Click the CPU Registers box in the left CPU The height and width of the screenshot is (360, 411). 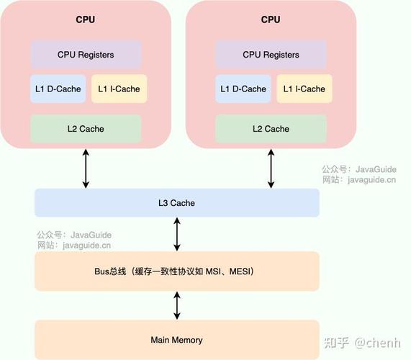click(x=86, y=55)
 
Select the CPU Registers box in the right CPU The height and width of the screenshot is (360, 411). click(x=271, y=55)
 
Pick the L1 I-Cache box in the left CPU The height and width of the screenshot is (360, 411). click(x=119, y=89)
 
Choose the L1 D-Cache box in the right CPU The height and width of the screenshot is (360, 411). click(x=241, y=89)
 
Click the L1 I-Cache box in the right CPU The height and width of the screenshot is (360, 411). click(x=304, y=89)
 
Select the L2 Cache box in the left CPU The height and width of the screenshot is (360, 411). click(x=86, y=129)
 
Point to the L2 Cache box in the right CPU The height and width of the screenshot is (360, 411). click(x=271, y=129)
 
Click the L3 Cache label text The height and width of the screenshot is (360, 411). click(x=176, y=203)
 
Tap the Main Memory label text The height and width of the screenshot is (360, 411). click(x=176, y=340)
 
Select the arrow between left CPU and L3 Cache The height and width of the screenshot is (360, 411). click(x=86, y=168)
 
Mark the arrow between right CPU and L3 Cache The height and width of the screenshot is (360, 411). click(x=271, y=168)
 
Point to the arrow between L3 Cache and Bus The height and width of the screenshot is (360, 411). click(x=177, y=234)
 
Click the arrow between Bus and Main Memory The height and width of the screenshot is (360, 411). click(x=177, y=305)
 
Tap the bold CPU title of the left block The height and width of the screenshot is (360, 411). click(x=86, y=19)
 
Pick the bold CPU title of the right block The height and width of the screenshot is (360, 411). click(x=271, y=19)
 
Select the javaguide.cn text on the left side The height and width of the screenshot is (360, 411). click(x=87, y=246)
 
